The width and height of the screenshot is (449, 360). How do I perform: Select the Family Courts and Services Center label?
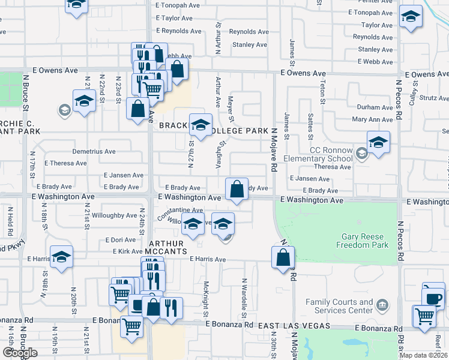339,306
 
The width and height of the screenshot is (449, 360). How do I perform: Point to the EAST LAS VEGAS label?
294,325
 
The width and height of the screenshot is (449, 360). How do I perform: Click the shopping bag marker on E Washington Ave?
237,189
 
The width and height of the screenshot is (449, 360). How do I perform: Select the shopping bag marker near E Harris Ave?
283,257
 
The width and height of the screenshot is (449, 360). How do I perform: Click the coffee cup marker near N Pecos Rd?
433,295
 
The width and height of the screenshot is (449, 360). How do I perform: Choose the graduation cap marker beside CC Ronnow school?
378,143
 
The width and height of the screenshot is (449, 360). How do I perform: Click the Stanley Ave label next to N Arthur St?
249,45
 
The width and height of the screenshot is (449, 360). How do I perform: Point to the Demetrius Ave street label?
94,152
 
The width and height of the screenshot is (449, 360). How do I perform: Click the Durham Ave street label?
375,107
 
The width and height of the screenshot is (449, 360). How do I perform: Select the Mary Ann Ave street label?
372,119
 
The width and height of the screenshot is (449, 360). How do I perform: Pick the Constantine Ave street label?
180,211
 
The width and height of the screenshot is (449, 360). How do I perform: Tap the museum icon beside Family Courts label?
381,305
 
